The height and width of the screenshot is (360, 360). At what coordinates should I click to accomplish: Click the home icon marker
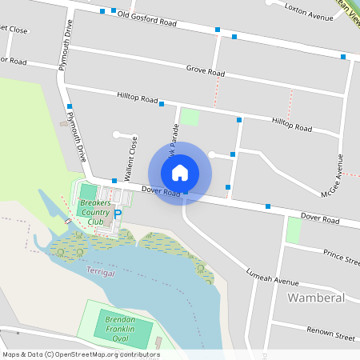(180, 172)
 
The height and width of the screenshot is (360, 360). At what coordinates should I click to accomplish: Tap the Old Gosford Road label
(146, 18)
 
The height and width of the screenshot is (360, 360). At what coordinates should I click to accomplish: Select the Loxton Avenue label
(311, 14)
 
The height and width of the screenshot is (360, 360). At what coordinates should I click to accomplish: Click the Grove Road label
(206, 72)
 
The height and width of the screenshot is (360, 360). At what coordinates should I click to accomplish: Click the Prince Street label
(341, 256)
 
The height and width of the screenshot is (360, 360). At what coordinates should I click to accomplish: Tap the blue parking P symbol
(118, 214)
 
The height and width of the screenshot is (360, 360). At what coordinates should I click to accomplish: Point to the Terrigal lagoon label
(100, 273)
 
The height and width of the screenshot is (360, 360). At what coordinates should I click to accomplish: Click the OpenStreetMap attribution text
(81, 354)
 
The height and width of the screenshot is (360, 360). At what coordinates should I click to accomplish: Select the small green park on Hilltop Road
(189, 117)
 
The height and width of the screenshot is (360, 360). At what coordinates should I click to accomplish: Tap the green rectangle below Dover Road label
(294, 230)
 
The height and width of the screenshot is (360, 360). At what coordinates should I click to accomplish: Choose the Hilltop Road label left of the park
(138, 98)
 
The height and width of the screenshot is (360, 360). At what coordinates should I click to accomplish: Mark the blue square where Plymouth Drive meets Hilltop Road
(70, 106)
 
